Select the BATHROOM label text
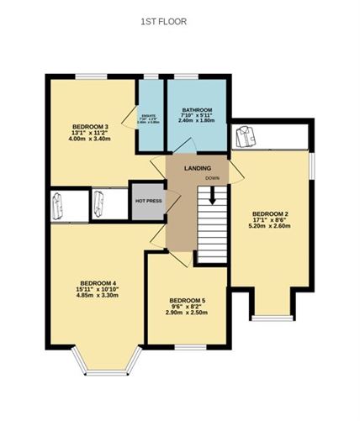(x=197, y=111)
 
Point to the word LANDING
(x=199, y=168)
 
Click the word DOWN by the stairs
(x=212, y=179)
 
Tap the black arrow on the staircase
(x=212, y=196)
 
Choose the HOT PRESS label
(x=148, y=202)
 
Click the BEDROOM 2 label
(x=272, y=213)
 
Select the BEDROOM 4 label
(x=98, y=282)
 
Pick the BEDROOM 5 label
(x=187, y=301)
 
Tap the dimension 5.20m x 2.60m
(x=272, y=228)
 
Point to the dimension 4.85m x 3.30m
(x=98, y=296)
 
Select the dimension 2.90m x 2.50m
(x=187, y=313)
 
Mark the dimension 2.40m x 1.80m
(x=197, y=122)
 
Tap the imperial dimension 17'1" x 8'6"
(x=272, y=220)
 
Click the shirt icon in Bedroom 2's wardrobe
(x=246, y=134)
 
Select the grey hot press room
(x=148, y=201)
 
